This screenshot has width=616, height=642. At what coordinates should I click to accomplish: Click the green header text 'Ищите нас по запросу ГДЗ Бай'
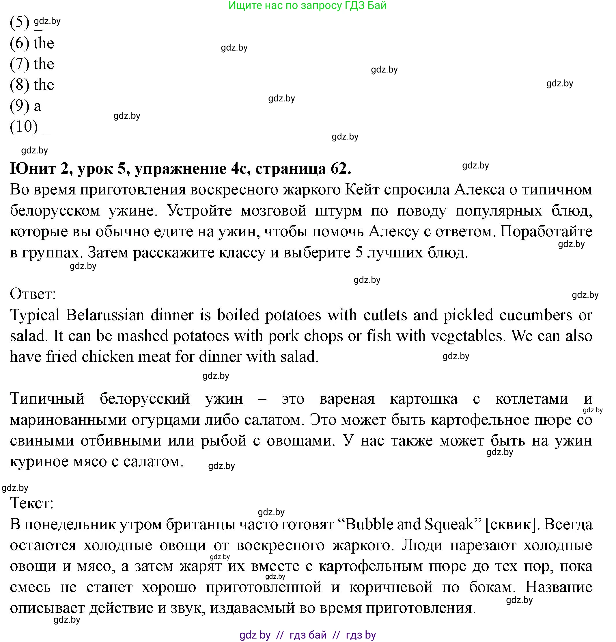pos(307,5)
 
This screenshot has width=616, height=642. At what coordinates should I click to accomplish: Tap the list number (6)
pos(19,43)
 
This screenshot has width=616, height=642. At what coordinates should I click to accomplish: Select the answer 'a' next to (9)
pos(38,106)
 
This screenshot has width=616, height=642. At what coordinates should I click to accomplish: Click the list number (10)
pos(24,127)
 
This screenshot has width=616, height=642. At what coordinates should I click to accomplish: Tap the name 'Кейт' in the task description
pos(362,190)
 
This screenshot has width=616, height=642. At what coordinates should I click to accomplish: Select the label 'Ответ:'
pos(33,294)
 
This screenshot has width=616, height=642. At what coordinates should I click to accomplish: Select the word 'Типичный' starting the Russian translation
pos(47,399)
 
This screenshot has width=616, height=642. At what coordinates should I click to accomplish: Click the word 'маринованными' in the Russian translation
pos(68,420)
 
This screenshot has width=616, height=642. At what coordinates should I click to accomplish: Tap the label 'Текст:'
pos(32,503)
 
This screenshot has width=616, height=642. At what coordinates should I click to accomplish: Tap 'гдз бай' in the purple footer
pos(308,635)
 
